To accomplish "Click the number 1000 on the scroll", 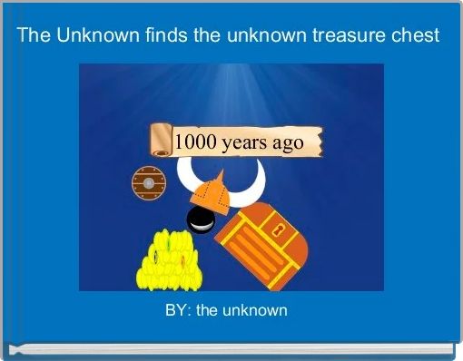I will pyautogui.click(x=193, y=141).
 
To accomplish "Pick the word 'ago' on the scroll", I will pyautogui.click(x=290, y=142).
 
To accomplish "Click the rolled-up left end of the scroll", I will pyautogui.click(x=161, y=138).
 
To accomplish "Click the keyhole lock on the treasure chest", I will pyautogui.click(x=281, y=226).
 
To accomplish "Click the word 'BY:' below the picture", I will pyautogui.click(x=178, y=311).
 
